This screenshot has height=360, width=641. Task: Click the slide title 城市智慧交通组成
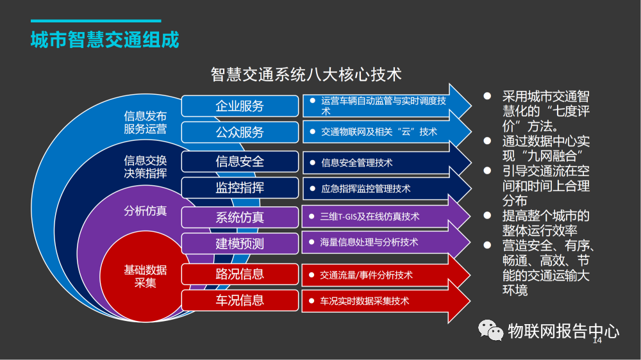pos(104,39)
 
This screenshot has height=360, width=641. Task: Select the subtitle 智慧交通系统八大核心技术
pos(306,74)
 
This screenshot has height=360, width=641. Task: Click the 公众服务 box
pos(240,133)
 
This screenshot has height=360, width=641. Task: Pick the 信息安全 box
pos(240,161)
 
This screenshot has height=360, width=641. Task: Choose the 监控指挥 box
pos(240,188)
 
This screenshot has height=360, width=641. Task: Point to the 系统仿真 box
pos(240,217)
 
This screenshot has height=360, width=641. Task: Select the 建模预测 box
pos(240,243)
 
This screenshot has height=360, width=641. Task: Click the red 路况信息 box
pos(240,274)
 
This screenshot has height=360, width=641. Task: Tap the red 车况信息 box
pos(240,300)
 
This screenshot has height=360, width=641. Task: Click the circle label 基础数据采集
pos(146,276)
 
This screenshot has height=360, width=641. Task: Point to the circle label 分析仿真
pos(146,210)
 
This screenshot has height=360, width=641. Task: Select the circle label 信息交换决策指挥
pos(146,167)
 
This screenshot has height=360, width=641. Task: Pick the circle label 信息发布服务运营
pos(146,122)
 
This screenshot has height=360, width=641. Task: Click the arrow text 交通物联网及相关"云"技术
pos(379,132)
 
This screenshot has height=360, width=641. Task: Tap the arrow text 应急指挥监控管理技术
pos(365,189)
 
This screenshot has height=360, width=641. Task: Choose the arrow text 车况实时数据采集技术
pos(365,300)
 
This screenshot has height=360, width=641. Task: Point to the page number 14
pos(597,341)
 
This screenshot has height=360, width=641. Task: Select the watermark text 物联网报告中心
pos(563,331)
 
